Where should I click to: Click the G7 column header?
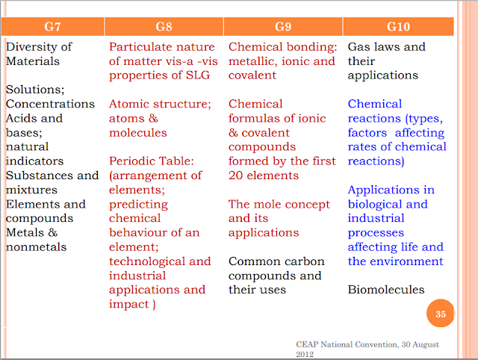[x=52, y=27]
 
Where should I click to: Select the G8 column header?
[x=164, y=27]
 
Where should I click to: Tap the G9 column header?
[x=283, y=27]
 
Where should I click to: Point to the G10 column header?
[x=398, y=27]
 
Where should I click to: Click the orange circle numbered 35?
[x=440, y=314]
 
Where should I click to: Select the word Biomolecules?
[x=386, y=290]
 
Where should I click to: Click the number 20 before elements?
[x=236, y=176]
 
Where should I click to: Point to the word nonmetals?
[x=37, y=247]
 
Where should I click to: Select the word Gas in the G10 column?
[x=359, y=46]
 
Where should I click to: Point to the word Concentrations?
[x=50, y=104]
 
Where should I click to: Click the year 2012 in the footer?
[x=305, y=354]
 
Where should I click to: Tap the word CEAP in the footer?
[x=307, y=344]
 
